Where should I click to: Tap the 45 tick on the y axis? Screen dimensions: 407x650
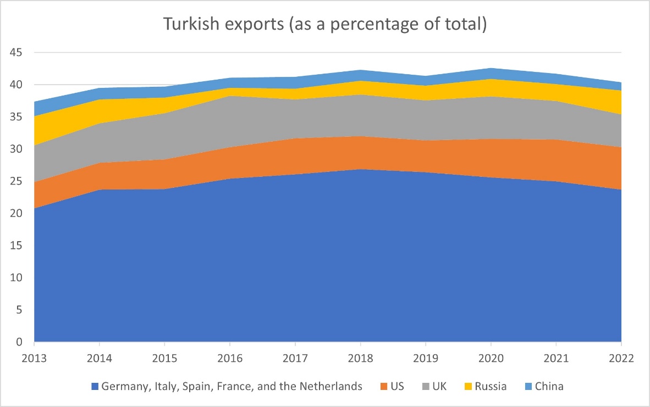point(21,53)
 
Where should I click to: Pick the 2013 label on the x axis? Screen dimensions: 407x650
point(35,358)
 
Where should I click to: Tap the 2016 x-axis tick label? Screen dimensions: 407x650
point(230,358)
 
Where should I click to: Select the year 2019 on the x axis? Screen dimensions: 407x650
point(426,358)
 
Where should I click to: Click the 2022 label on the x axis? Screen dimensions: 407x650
point(621,358)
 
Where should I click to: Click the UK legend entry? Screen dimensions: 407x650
point(439,386)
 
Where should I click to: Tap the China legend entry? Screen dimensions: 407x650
point(549,386)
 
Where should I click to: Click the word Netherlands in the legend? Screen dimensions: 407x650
point(334,386)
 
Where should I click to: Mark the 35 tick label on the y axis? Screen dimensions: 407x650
point(21,117)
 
